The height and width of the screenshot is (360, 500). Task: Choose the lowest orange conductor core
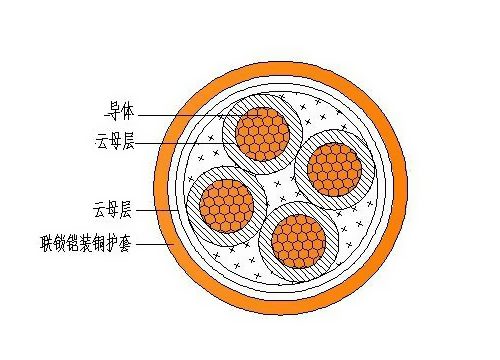coord(298,240)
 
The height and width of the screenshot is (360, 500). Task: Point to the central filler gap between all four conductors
coord(281,186)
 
